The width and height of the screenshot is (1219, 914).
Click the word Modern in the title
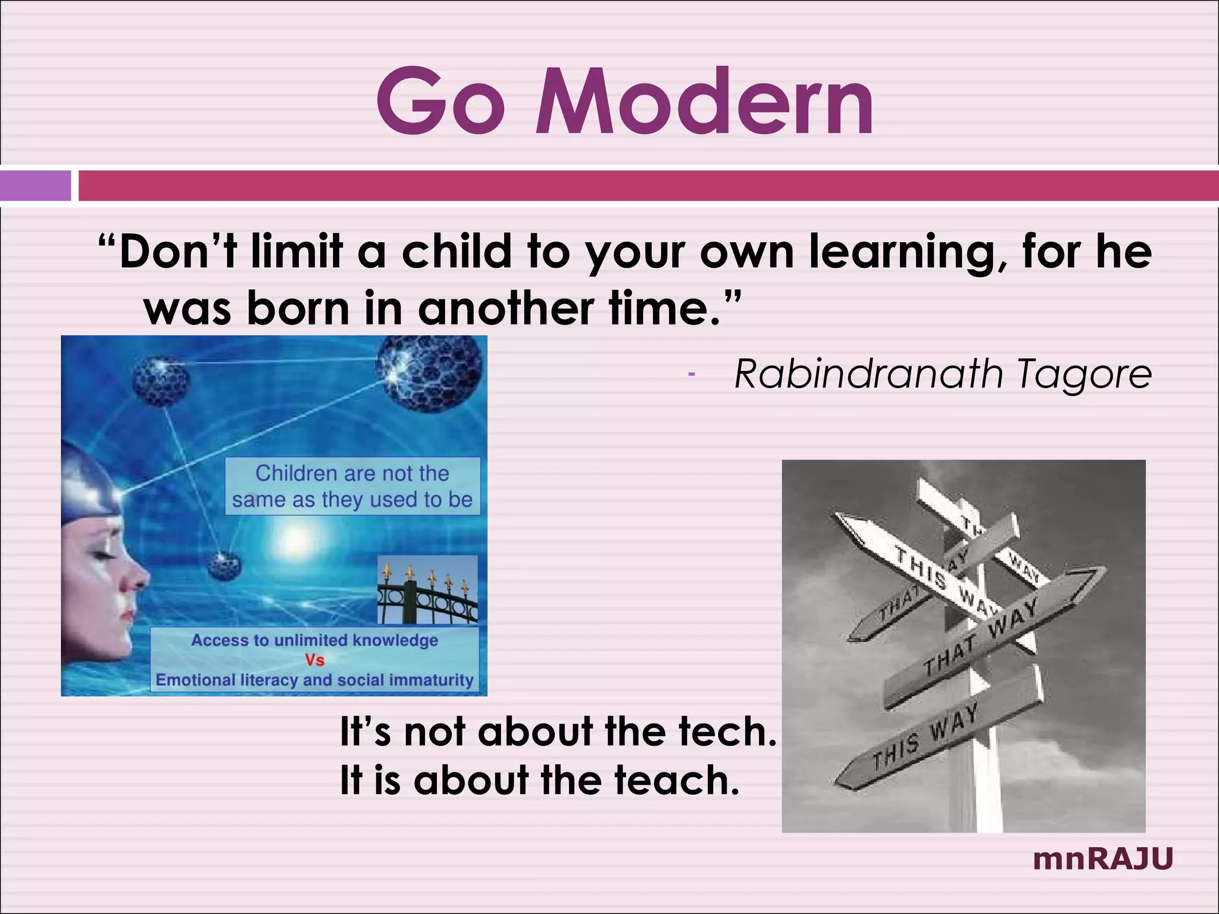[x=705, y=102]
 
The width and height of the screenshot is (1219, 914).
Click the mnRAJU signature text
[x=1102, y=859]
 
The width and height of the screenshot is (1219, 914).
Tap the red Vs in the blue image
[x=314, y=660]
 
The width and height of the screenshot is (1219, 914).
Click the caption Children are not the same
[x=352, y=486]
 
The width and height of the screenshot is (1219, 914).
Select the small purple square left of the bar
[x=35, y=186]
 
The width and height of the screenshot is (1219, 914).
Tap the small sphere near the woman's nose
[x=224, y=566]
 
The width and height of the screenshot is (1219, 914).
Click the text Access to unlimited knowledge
[x=314, y=640]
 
